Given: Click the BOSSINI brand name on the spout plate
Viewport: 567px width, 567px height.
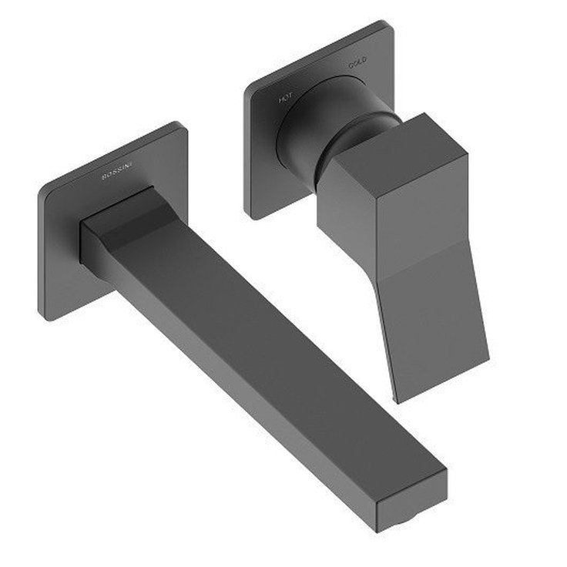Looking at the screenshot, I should pyautogui.click(x=118, y=169).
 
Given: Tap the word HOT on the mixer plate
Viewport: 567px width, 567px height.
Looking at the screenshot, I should pyautogui.click(x=285, y=98).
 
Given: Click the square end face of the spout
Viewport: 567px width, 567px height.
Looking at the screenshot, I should pyautogui.click(x=411, y=500).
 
